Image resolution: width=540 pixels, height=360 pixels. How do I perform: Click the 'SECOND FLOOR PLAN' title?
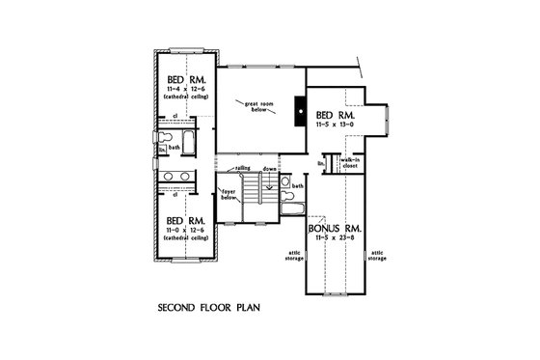click(x=207, y=312)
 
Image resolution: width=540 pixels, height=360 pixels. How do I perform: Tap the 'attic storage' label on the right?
click(x=378, y=258)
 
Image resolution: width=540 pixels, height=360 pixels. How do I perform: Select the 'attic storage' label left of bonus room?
click(x=294, y=258)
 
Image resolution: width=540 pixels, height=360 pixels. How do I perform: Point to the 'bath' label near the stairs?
click(x=298, y=185)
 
